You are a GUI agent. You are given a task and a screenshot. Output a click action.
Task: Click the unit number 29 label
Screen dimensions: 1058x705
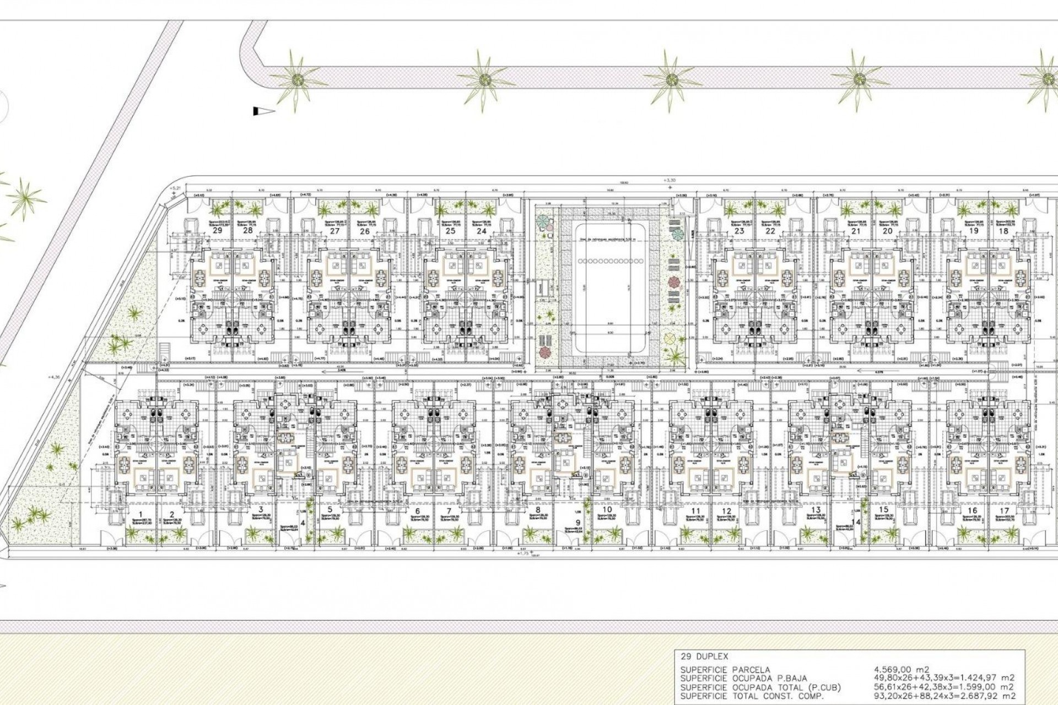[x=218, y=231]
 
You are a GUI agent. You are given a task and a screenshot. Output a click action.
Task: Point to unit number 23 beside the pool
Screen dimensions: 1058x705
[x=739, y=231]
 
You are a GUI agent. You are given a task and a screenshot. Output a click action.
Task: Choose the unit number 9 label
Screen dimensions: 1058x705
[x=577, y=523]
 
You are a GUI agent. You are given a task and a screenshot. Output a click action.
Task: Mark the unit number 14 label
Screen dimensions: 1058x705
[x=855, y=522]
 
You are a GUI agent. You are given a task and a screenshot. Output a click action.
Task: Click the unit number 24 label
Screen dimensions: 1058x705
[x=482, y=231]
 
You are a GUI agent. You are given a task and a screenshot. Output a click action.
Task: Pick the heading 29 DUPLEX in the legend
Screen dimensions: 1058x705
[x=704, y=657]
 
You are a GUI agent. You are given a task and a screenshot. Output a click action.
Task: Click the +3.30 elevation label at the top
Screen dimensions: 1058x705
[x=670, y=180]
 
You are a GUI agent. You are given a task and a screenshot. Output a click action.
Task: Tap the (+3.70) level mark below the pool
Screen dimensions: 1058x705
[x=639, y=364]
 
